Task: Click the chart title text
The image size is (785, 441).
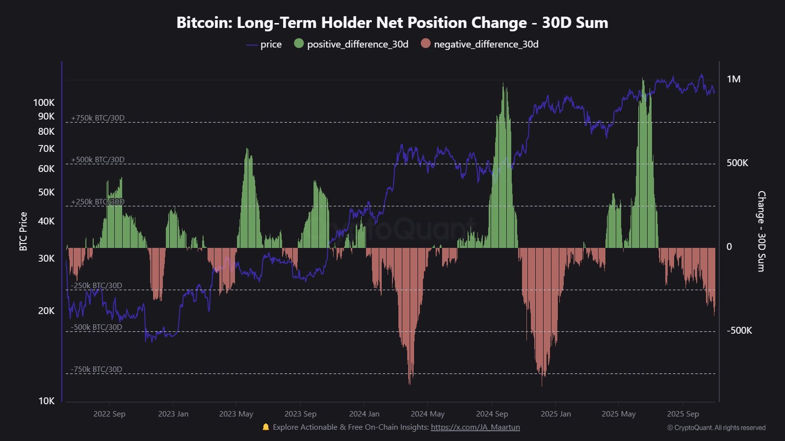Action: tap(392, 23)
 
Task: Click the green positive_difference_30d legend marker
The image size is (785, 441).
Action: tap(299, 44)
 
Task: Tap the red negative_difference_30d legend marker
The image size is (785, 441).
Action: tap(425, 44)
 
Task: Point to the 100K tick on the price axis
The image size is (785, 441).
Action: tap(44, 102)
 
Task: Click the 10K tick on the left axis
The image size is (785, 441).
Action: tap(46, 401)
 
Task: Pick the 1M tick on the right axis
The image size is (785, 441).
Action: tap(733, 79)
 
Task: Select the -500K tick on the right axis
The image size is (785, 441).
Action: tap(739, 331)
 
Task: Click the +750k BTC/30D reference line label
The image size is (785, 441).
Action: tap(98, 118)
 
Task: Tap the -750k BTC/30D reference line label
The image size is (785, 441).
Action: tap(96, 369)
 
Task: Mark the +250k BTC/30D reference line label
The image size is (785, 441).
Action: tap(98, 202)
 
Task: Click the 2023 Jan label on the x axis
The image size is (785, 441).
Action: tap(173, 414)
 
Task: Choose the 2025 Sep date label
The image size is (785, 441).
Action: tap(682, 414)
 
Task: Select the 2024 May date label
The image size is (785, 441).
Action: tap(427, 414)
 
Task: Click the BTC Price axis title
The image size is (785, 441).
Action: tap(23, 231)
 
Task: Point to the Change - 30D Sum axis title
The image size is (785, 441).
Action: tap(761, 231)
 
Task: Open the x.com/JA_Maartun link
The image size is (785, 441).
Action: tap(475, 427)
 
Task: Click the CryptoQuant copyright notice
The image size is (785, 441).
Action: tap(716, 428)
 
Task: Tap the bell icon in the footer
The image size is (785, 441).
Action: tap(266, 427)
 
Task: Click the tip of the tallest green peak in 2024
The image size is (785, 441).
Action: tap(503, 84)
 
